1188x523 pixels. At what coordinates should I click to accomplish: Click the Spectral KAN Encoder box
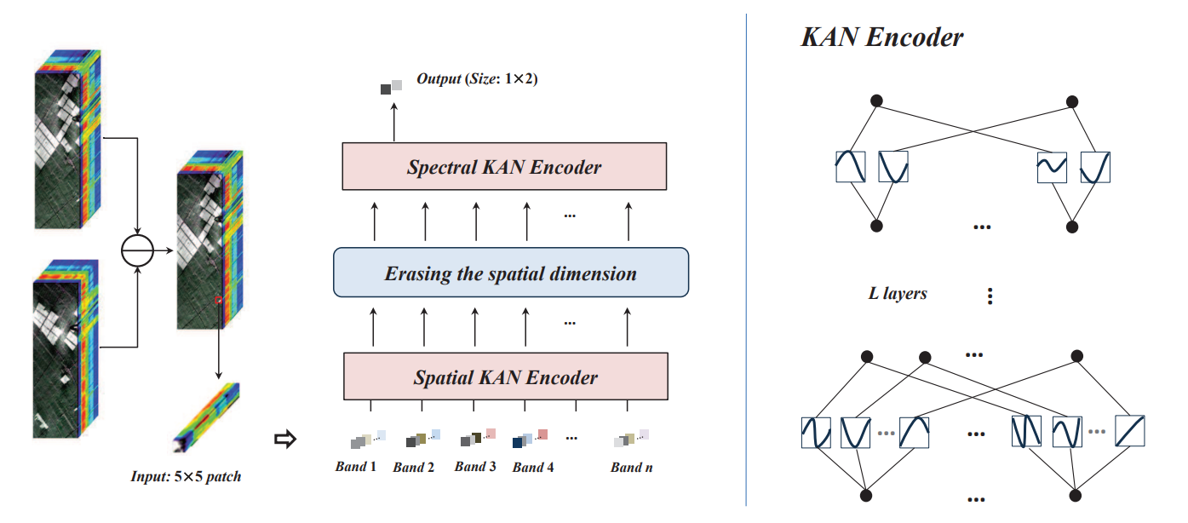504,167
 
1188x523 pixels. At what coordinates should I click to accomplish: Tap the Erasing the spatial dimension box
510,273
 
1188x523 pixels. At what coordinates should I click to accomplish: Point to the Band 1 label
356,467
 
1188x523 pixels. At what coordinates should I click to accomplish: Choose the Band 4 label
533,468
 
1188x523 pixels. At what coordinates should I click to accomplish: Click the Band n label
631,468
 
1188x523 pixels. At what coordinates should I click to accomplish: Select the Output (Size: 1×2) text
477,79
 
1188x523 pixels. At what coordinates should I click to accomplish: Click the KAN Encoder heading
882,37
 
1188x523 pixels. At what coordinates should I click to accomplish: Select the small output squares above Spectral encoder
391,86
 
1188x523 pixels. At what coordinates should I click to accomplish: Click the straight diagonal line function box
1128,431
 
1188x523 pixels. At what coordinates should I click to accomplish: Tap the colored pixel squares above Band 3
478,438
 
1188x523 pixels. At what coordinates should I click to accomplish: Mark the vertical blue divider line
746,256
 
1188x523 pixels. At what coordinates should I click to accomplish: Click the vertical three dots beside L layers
990,296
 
